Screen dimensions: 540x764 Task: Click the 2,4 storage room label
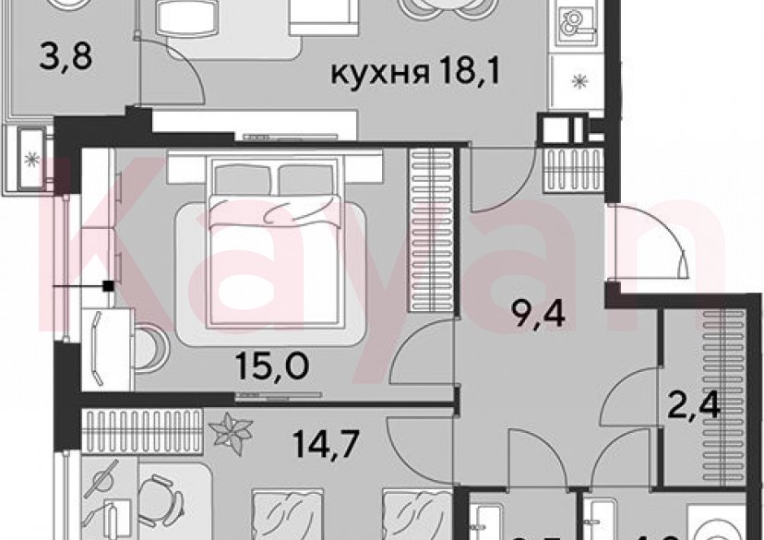691,404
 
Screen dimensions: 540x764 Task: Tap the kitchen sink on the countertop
576,22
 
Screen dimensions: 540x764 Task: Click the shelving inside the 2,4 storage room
716,369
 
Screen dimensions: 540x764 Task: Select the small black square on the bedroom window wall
109,286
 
